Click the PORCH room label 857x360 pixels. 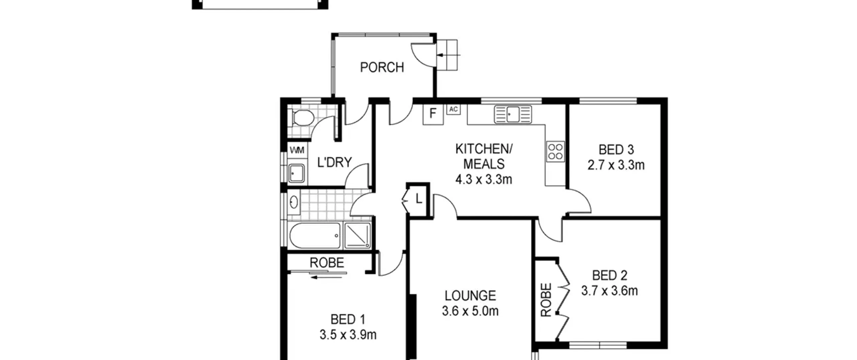(x=382, y=67)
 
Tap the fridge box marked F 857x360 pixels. (x=433, y=115)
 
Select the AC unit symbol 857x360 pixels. (x=453, y=110)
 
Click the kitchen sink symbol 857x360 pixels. (x=513, y=114)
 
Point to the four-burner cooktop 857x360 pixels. (x=555, y=152)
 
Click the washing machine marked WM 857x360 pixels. (x=297, y=150)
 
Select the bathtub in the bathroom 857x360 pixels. (x=315, y=236)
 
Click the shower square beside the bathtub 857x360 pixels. (x=358, y=236)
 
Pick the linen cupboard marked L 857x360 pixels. (x=418, y=199)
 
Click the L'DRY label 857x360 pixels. (x=334, y=162)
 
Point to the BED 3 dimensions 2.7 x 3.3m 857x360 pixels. (x=616, y=165)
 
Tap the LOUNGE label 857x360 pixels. (x=470, y=296)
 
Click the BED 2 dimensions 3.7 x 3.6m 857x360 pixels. (x=609, y=291)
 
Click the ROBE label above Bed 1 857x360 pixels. (x=327, y=263)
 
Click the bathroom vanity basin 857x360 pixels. (x=294, y=202)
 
